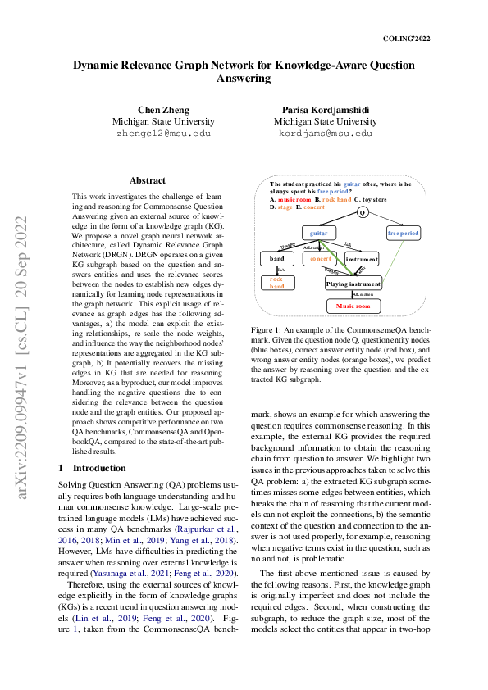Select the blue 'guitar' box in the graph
tap(314, 234)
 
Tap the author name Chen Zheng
tap(163, 111)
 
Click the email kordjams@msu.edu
tap(325, 133)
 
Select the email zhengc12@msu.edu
tap(163, 133)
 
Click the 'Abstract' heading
tap(148, 180)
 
